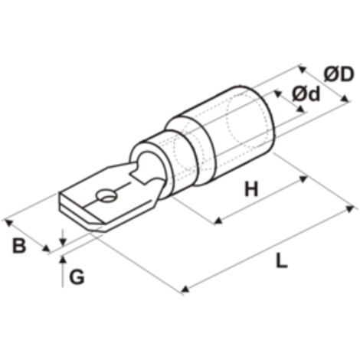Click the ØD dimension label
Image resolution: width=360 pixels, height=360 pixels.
(339, 74)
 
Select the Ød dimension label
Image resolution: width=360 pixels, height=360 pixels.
(306, 93)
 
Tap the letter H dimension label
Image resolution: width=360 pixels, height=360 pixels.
(251, 189)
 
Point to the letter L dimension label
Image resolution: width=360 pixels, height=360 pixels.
(282, 260)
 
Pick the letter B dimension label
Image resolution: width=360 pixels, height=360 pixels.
(19, 246)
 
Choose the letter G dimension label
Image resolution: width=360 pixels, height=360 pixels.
(77, 277)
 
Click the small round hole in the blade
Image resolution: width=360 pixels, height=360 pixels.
(106, 196)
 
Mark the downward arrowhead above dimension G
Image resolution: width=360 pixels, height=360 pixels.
(63, 241)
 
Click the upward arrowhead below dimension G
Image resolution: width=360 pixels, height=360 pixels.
(63, 259)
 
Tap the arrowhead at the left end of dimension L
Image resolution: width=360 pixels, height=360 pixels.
(185, 290)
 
